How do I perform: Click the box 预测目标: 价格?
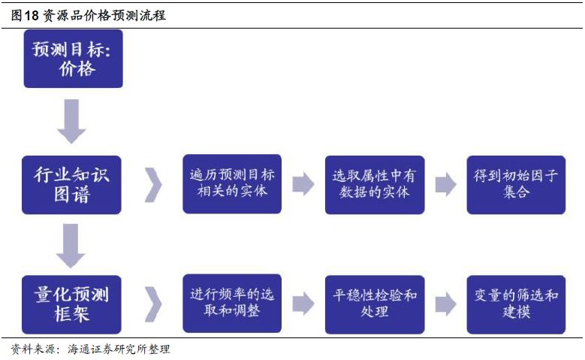tap(73, 59)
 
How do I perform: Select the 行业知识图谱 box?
tap(72, 185)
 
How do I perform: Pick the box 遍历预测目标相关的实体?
tap(232, 183)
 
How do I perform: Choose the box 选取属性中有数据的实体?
tap(374, 183)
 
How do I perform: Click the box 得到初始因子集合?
tap(516, 183)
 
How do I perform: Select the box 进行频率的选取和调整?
tap(232, 303)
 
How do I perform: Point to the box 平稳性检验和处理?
tap(374, 303)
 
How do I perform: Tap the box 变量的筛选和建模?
tap(516, 303)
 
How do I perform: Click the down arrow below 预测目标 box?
tap(72, 122)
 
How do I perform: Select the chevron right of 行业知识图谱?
tap(152, 184)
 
